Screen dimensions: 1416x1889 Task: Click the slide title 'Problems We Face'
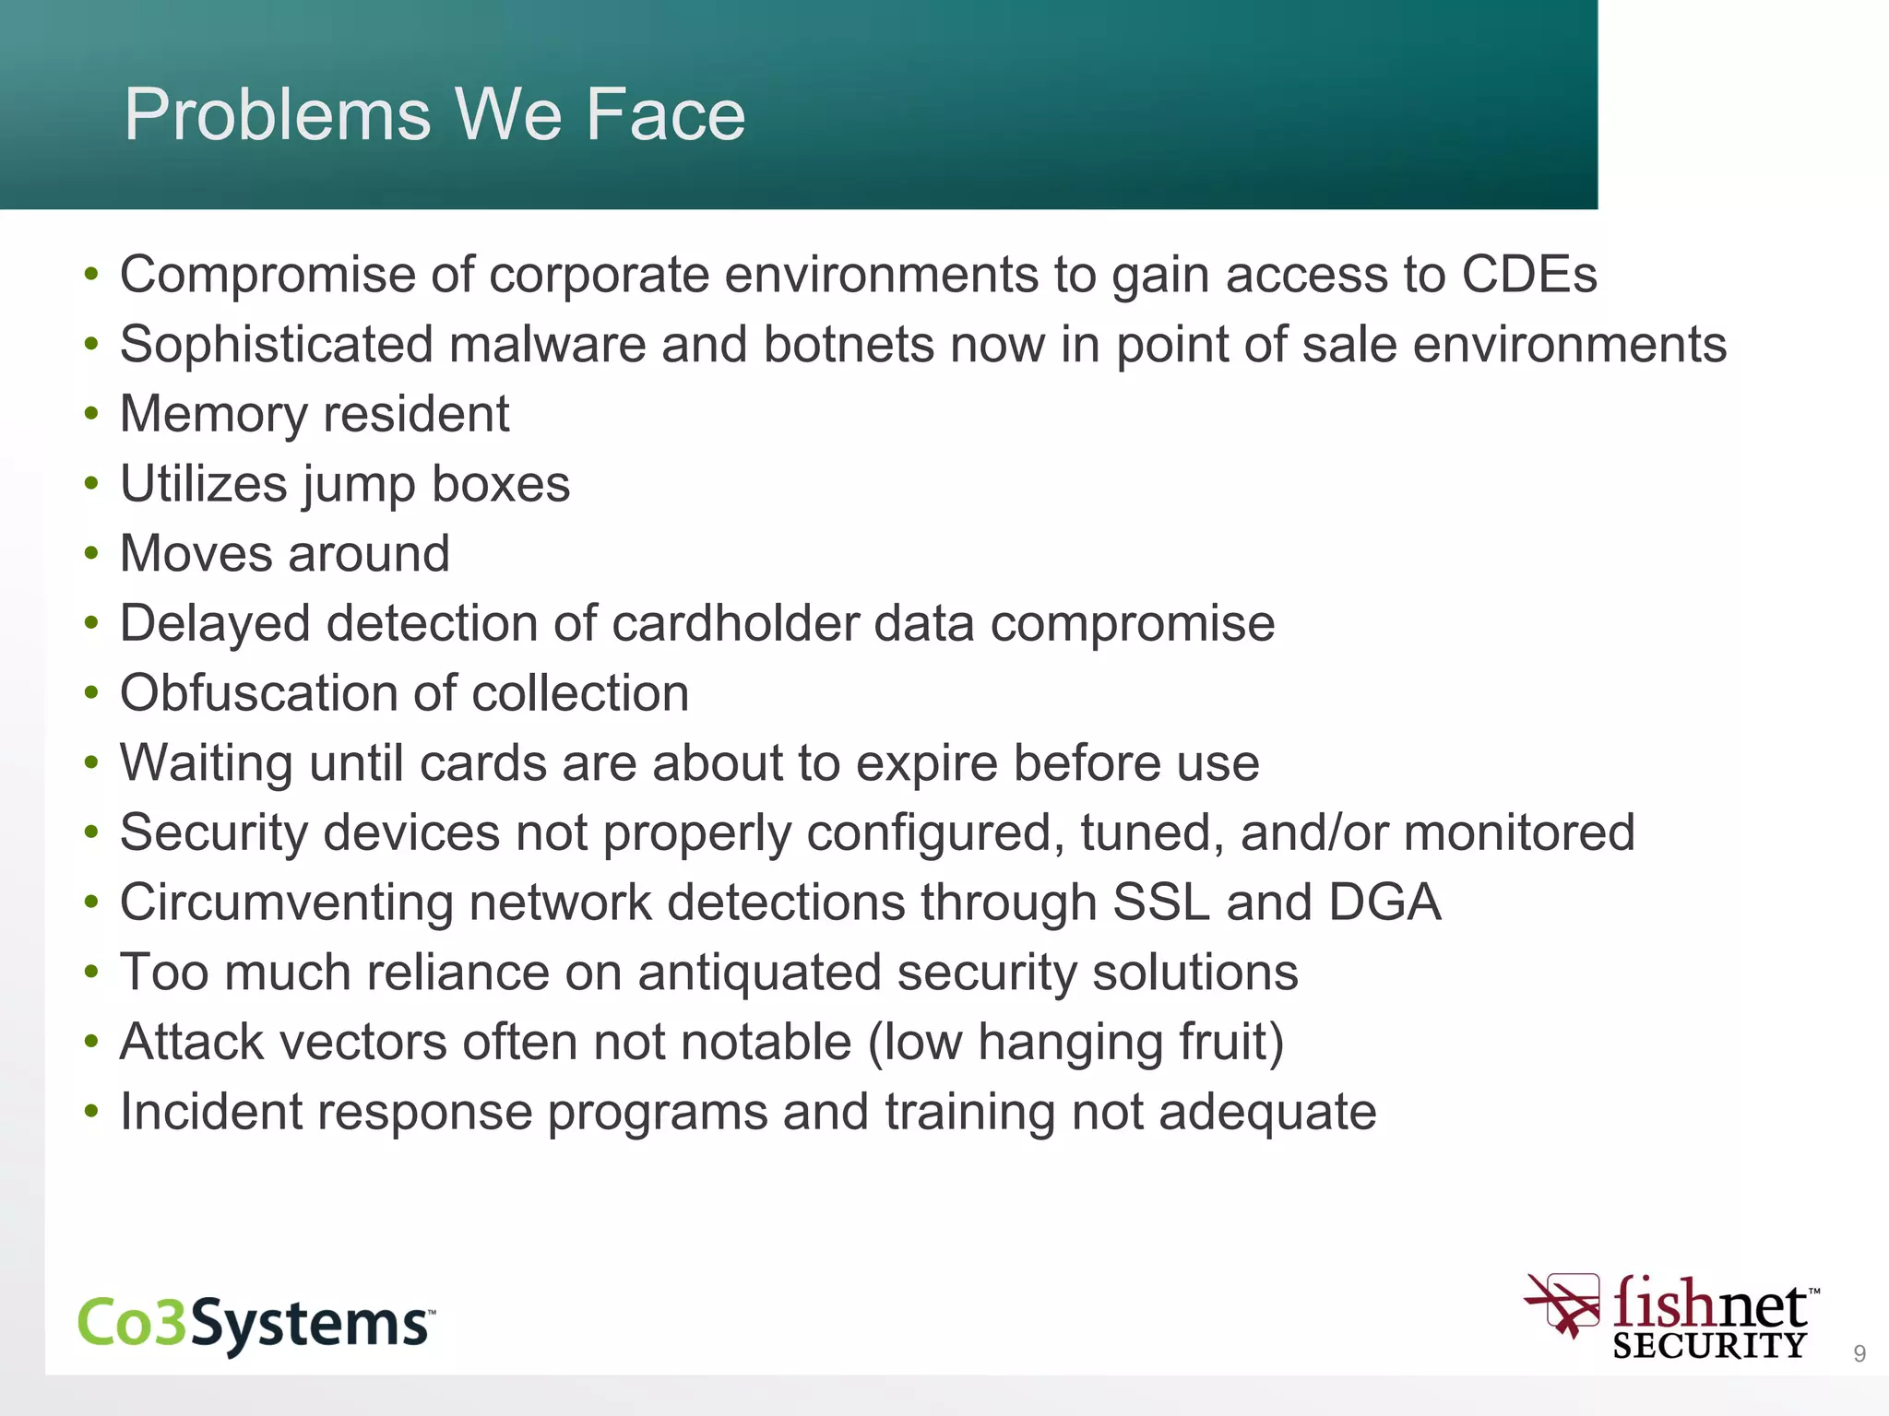coord(434,114)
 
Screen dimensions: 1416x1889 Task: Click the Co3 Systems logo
coord(255,1324)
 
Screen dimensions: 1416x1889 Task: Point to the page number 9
coord(1859,1353)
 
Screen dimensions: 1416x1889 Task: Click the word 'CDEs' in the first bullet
coord(1529,275)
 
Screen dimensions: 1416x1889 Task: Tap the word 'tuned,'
coord(1152,833)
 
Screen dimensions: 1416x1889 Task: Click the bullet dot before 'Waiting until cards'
coord(90,763)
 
